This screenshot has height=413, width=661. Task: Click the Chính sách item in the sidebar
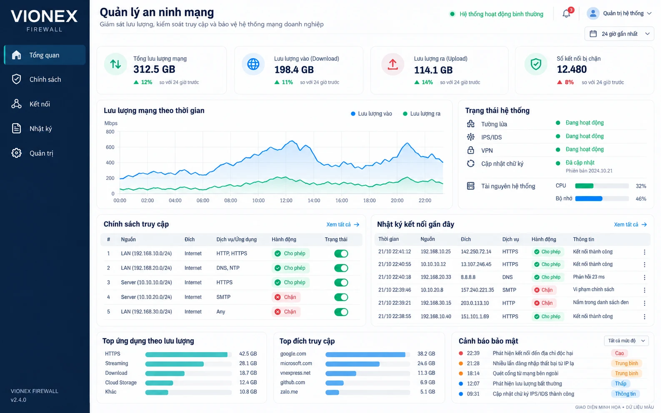(45, 79)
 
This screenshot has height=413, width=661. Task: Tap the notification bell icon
(566, 14)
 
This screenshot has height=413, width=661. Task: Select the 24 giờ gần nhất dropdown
(619, 34)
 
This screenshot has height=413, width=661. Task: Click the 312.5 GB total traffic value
(154, 69)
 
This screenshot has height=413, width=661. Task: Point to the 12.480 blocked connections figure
(571, 69)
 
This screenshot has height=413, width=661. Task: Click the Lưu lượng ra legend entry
(421, 114)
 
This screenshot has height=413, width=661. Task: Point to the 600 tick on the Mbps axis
(110, 147)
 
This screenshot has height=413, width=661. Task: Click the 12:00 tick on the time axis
(286, 200)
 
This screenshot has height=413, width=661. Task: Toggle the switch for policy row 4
(341, 297)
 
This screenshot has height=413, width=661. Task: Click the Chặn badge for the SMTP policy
(285, 297)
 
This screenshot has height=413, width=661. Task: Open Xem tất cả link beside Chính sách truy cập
(343, 225)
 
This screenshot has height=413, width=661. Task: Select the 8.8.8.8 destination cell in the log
(468, 277)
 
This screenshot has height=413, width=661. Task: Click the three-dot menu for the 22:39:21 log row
(644, 303)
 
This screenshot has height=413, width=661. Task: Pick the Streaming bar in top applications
(174, 364)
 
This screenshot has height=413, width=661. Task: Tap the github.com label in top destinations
(293, 382)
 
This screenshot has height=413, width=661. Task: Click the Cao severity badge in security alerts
(619, 353)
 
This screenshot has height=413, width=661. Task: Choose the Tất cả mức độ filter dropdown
(626, 341)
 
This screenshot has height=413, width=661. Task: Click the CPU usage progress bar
(602, 186)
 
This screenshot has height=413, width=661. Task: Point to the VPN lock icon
(471, 150)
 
